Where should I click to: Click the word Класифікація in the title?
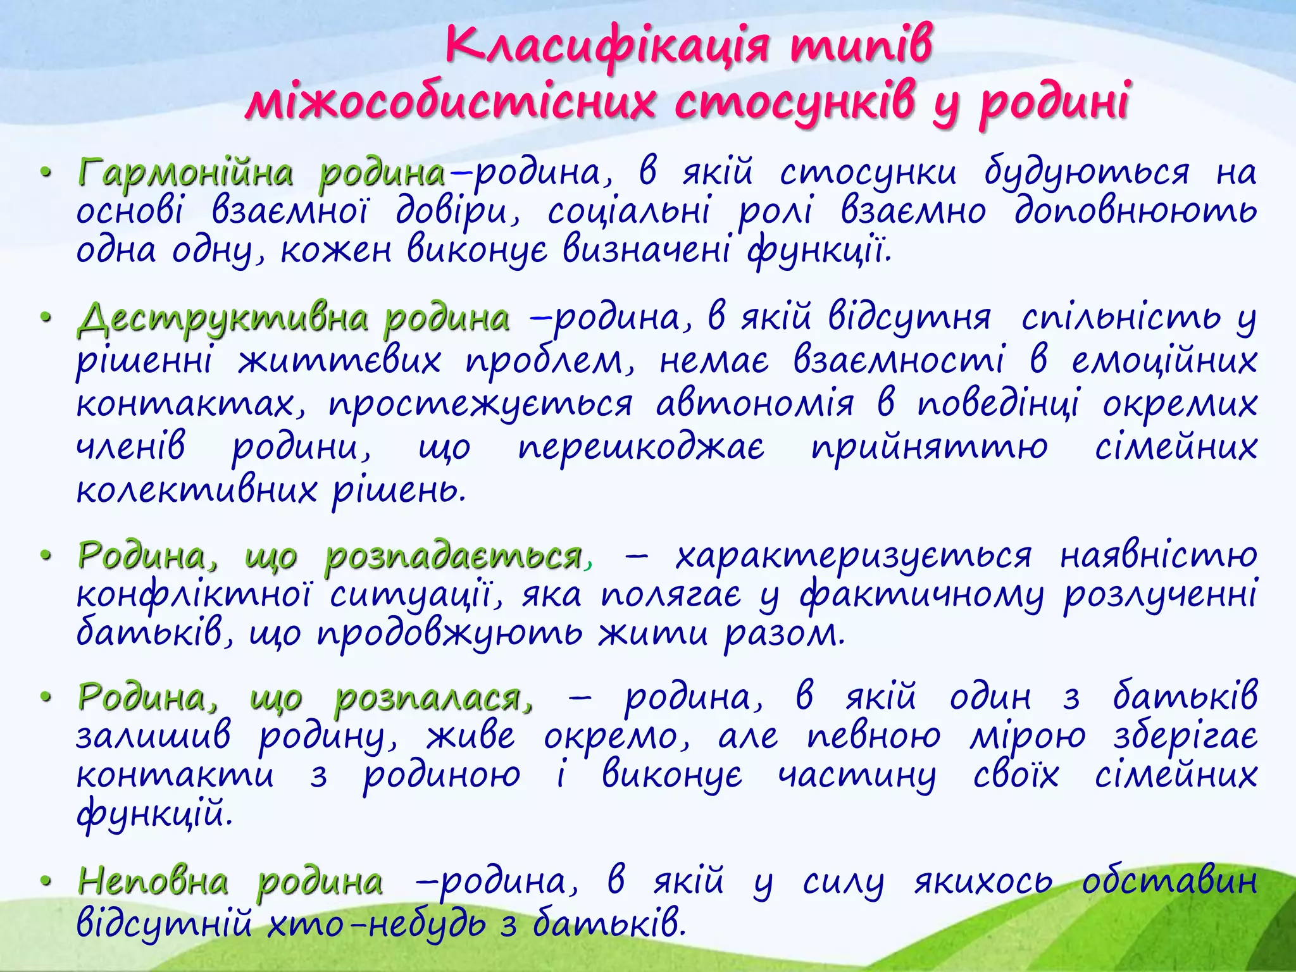(x=607, y=46)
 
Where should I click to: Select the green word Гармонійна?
(x=185, y=173)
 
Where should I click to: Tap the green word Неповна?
(x=152, y=882)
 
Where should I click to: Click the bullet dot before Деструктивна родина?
(x=44, y=318)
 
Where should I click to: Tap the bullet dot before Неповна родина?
(x=44, y=882)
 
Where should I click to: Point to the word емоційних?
(x=1164, y=361)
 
